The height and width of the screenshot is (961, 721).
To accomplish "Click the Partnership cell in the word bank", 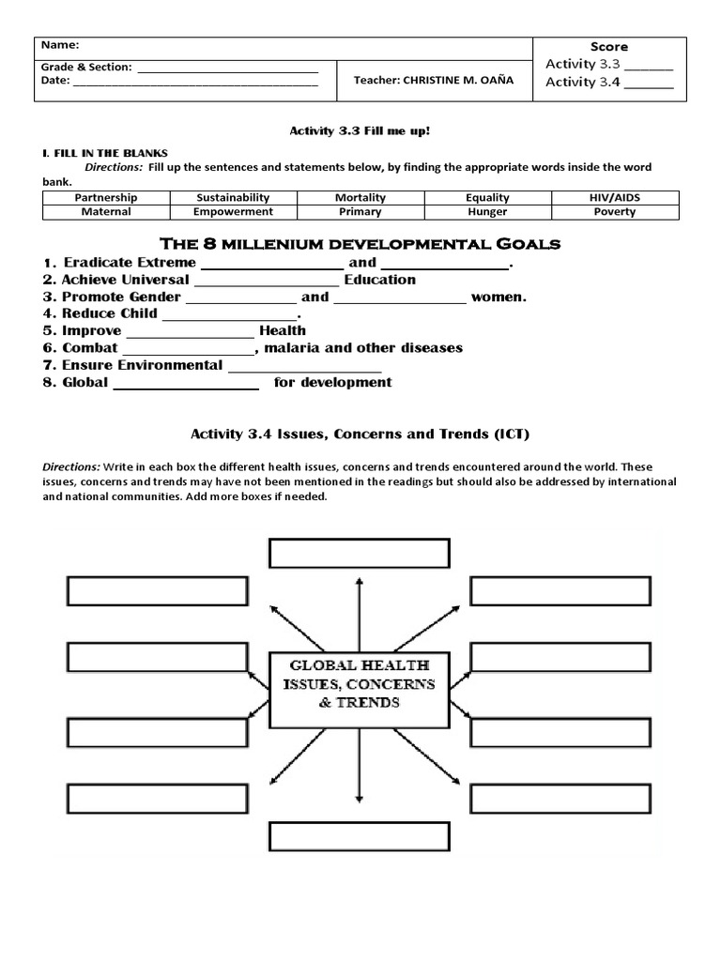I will click(x=106, y=198).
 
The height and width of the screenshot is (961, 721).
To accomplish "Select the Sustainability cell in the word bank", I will click(x=233, y=198).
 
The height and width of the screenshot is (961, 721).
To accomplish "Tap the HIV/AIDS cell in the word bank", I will click(x=615, y=198).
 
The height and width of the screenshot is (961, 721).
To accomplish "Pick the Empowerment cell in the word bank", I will click(x=233, y=212).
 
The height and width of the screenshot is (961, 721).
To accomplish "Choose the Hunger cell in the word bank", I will click(x=487, y=212).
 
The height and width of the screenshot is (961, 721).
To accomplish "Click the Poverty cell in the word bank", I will click(x=615, y=212).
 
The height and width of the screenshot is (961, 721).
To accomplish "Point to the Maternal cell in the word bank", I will click(x=106, y=212).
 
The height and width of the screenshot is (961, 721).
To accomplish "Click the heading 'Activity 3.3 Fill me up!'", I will click(x=360, y=133).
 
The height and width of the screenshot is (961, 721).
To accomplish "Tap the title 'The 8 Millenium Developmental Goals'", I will click(x=360, y=244).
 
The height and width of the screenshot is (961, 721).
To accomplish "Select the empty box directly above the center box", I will click(x=360, y=554).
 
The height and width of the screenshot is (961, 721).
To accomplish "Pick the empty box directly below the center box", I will click(x=360, y=835).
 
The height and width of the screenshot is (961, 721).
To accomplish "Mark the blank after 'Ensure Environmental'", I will click(x=304, y=367).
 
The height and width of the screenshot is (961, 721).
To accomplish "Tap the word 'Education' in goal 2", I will click(x=379, y=280).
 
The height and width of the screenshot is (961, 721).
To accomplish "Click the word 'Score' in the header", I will click(x=609, y=47).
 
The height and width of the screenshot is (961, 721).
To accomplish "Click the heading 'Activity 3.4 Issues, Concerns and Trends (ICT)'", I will click(x=360, y=434).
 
